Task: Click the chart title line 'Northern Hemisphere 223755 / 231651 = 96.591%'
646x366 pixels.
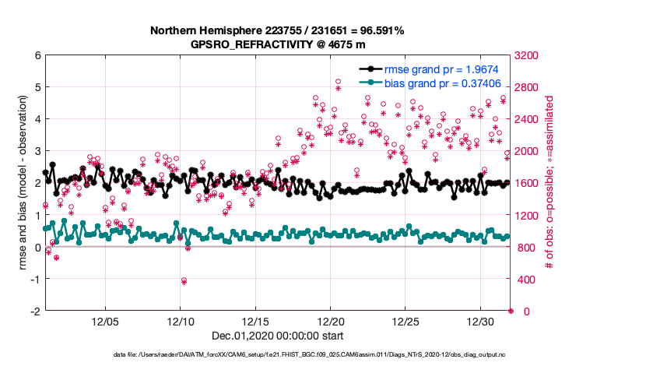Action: point(277,31)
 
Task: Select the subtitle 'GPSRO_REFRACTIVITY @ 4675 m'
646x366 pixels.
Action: point(277,44)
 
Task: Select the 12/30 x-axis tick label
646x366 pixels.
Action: point(481,321)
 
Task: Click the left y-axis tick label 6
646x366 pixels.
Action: point(37,55)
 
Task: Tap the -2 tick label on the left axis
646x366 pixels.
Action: point(34,311)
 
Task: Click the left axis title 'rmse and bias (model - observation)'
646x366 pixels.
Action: point(16,183)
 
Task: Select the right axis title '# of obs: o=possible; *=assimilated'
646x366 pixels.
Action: point(550,183)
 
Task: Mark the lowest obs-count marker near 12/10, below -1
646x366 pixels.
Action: point(184,280)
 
